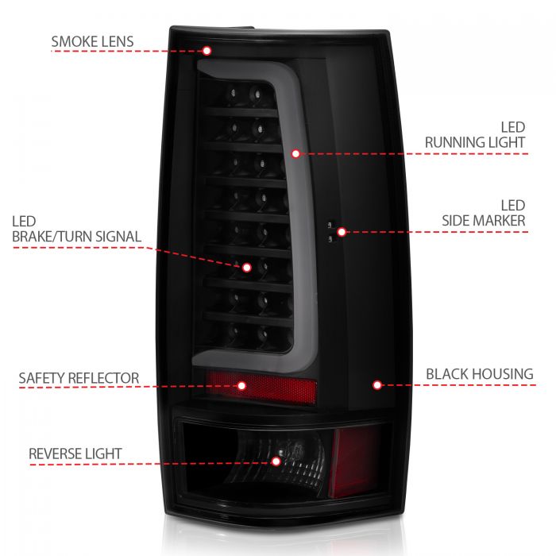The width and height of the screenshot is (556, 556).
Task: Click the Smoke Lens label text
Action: click(92, 41)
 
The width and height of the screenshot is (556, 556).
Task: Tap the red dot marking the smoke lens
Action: click(207, 51)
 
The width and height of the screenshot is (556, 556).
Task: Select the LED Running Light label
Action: click(475, 135)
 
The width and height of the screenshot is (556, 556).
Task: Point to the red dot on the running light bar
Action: click(295, 153)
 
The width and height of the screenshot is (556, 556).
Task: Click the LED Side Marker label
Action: click(484, 212)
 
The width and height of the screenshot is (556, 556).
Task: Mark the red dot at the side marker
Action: click(342, 232)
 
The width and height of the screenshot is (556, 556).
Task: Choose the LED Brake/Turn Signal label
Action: click(77, 228)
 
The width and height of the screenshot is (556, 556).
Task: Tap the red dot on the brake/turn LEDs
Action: click(247, 268)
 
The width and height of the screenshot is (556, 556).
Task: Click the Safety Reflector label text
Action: click(79, 378)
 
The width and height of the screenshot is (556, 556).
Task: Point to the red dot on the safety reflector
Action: click(241, 385)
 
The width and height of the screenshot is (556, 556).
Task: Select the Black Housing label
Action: click(479, 373)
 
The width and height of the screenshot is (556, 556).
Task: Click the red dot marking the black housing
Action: click(377, 384)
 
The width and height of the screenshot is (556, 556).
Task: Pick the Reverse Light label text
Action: click(75, 454)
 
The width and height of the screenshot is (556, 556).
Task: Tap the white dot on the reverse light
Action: click(276, 461)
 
